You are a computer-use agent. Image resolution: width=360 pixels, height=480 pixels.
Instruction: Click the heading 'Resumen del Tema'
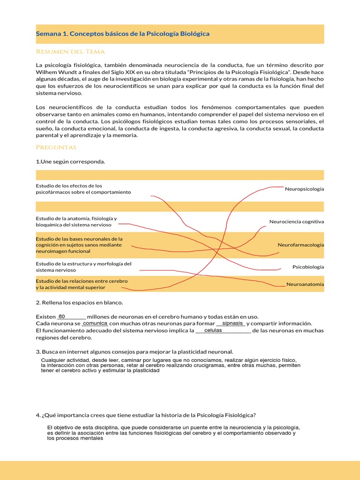coord(70,52)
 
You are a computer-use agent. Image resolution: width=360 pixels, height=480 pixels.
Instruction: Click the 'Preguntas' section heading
coord(56,147)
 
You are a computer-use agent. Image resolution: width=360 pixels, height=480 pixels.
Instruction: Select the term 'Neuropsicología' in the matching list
coord(304,189)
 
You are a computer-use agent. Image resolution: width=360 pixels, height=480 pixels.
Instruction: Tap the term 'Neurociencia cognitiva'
coord(296,221)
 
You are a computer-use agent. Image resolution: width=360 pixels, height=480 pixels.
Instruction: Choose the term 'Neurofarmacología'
coord(300,245)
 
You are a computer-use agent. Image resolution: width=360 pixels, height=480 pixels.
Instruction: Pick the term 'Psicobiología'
coord(308,267)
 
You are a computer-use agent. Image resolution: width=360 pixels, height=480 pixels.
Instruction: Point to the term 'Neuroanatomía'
coord(305,284)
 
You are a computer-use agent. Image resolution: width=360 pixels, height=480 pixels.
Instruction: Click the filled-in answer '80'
coord(62,316)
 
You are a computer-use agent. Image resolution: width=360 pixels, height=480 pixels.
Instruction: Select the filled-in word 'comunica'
coord(95,323)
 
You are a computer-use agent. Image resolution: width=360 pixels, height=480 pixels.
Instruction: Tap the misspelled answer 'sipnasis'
coord(232,323)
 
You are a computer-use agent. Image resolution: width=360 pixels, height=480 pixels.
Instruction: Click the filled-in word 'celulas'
coord(213,330)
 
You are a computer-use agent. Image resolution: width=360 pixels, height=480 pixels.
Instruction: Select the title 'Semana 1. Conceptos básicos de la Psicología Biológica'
coord(123,34)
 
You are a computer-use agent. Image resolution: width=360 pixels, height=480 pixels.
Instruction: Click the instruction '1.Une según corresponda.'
coord(70,162)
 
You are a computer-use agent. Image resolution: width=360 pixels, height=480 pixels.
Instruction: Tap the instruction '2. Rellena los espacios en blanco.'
coord(79,302)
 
